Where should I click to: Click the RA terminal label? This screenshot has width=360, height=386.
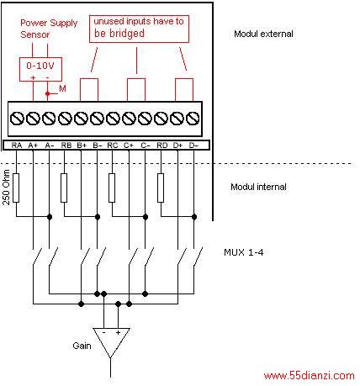pyautogui.click(x=17, y=145)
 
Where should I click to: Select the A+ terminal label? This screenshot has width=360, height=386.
pyautogui.click(x=33, y=145)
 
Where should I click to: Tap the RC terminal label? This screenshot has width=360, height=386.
pyautogui.click(x=113, y=145)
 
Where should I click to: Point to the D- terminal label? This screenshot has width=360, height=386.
pyautogui.click(x=193, y=145)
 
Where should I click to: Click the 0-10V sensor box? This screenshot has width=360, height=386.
pyautogui.click(x=40, y=70)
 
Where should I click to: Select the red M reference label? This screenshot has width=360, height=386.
pyautogui.click(x=62, y=89)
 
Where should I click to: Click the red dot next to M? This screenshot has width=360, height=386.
pyautogui.click(x=48, y=93)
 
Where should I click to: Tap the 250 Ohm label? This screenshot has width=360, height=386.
pyautogui.click(x=6, y=188)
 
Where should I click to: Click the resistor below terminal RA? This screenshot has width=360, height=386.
pyautogui.click(x=16, y=188)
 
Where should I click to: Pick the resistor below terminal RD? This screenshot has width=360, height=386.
pyautogui.click(x=161, y=188)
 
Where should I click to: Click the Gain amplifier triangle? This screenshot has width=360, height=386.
pyautogui.click(x=111, y=342)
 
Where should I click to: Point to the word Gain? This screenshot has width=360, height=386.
pyautogui.click(x=82, y=346)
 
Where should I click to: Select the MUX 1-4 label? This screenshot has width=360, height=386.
pyautogui.click(x=244, y=252)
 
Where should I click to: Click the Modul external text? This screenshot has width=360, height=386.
pyautogui.click(x=263, y=34)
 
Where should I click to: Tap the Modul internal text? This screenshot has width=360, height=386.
pyautogui.click(x=258, y=187)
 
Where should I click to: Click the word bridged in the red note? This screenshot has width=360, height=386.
pyautogui.click(x=127, y=34)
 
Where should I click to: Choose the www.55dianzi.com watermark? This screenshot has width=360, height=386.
pyautogui.click(x=310, y=376)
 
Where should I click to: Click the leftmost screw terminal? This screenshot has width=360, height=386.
pyautogui.click(x=17, y=119)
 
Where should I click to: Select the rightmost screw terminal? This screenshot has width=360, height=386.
pyautogui.click(x=193, y=119)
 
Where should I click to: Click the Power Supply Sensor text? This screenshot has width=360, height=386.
pyautogui.click(x=49, y=29)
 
